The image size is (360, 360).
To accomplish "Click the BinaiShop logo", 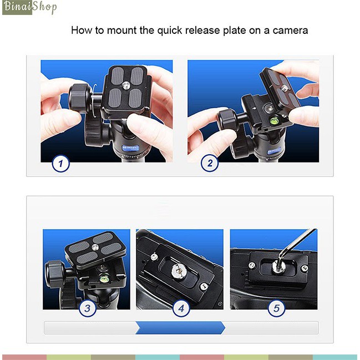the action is point(29,7).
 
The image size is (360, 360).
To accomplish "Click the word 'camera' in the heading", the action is point(290,31).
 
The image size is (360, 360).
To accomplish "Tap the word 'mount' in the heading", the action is point(121,31).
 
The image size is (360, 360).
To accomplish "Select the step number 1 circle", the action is point(60,164).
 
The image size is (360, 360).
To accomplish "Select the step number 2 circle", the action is point(210,163).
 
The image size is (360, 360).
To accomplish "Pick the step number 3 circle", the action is point(88,308).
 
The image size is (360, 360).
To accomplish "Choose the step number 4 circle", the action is point(181,308).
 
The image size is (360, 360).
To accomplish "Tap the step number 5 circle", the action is point(277,308).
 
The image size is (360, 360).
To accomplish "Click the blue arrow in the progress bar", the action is point(180,328).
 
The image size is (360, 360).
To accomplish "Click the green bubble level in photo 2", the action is point(274,120).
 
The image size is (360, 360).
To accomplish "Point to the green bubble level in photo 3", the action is point(104,278).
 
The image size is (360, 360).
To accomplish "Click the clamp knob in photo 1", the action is point(79,98).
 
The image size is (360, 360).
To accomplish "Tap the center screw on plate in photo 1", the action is point(125,86).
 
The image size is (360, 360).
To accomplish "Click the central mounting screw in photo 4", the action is point(179,271).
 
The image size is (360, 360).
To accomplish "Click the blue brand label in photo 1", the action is point(130,148).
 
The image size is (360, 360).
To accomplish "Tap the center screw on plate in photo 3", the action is point(95,247).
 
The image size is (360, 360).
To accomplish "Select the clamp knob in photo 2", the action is point(229,120).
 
